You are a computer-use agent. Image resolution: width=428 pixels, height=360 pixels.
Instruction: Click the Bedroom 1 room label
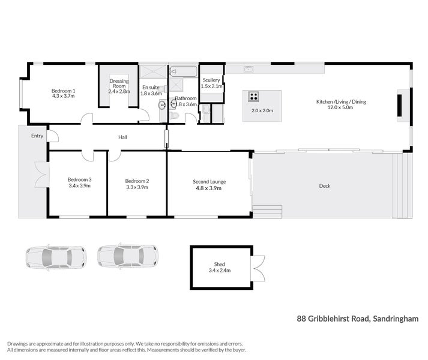pos(63,91)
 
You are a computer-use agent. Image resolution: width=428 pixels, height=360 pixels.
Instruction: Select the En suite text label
pos(151,87)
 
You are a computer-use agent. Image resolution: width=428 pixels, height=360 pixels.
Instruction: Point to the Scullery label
pos(211,80)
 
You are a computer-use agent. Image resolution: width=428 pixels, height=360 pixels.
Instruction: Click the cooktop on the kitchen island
pos(254,96)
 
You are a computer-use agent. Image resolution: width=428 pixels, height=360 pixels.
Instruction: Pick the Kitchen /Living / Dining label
pos(341,102)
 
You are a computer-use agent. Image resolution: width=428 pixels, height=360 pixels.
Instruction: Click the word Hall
pos(122,137)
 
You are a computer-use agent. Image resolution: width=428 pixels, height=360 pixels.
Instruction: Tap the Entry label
pos(38,136)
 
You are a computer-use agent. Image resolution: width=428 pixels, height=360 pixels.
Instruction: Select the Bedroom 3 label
pos(79,180)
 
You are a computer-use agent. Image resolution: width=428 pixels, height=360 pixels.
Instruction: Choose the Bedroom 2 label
pos(137,181)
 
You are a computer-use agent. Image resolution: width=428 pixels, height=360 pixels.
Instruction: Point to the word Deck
pos(325,186)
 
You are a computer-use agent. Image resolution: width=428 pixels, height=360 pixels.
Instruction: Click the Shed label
pos(220,264)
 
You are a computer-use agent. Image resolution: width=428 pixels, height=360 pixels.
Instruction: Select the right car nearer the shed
pos(127,256)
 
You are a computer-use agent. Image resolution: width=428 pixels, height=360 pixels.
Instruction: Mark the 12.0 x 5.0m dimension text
pos(341,109)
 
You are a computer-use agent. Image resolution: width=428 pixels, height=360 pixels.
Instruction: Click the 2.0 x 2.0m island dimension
pos(262,111)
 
